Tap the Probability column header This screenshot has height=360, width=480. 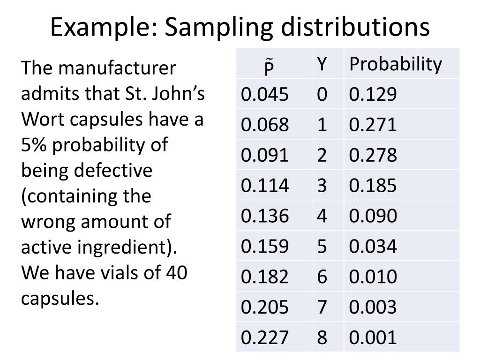tap(395, 64)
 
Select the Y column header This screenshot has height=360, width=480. tap(322, 64)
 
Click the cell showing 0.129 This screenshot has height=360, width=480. tap(373, 95)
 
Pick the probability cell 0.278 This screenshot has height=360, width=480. tap(373, 155)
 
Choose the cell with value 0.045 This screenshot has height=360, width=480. tap(265, 95)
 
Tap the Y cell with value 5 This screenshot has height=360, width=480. tap(322, 246)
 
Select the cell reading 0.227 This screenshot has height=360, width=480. tap(265, 337)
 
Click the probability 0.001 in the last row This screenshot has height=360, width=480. tap(373, 337)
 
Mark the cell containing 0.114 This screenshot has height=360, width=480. tap(265, 186)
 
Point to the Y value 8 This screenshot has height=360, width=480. tap(322, 337)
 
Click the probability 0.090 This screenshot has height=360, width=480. tap(373, 216)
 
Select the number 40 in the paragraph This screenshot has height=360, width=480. tap(176, 272)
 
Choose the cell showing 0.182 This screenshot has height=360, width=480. tap(265, 277)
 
